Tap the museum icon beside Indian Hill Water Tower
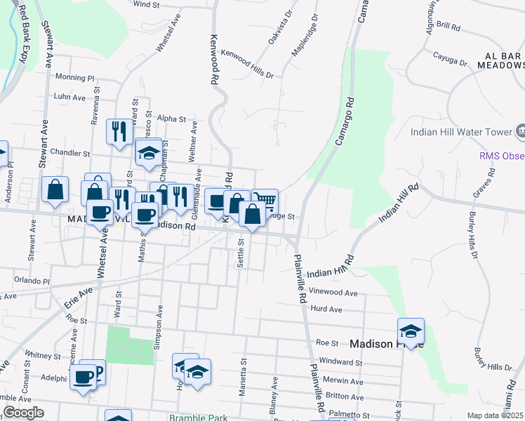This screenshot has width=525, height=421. click(520, 131)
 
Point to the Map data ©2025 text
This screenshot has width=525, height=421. click(495, 415)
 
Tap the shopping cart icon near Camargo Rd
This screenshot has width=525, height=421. click(265, 201)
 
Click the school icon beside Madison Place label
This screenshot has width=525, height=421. click(411, 330)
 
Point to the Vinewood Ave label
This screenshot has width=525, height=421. click(333, 293)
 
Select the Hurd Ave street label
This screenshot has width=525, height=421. click(326, 309)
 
